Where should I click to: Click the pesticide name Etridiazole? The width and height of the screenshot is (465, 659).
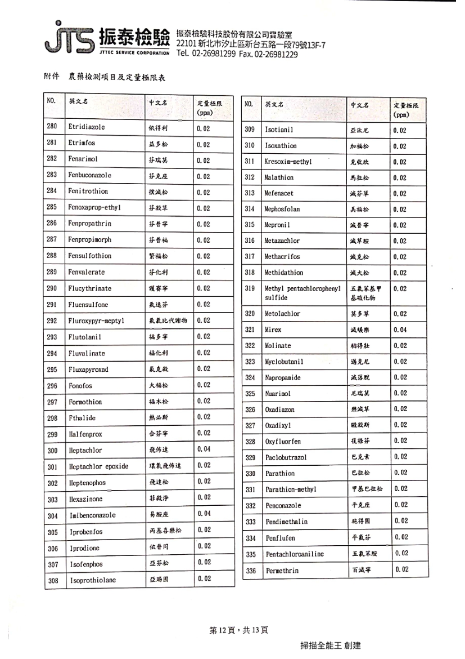coord(87,127)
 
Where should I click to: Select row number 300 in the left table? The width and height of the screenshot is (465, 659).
coord(52,451)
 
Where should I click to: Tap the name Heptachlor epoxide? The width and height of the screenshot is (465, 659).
coord(99,466)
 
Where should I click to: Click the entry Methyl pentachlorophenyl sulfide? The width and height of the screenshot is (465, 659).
coord(303,293)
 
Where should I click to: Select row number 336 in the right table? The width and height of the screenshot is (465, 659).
coord(250,571)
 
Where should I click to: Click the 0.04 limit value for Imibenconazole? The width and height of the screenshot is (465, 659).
coord(204,514)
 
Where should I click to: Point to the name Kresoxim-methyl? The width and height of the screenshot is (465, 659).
coord(288,162)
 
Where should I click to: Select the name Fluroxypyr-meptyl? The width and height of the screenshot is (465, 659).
coord(96,321)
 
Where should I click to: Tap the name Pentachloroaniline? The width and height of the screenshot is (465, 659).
coord(295,554)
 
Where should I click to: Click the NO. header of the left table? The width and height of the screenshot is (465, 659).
coord(52,101)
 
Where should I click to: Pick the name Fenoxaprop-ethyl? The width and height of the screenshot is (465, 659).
coord(95,207)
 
